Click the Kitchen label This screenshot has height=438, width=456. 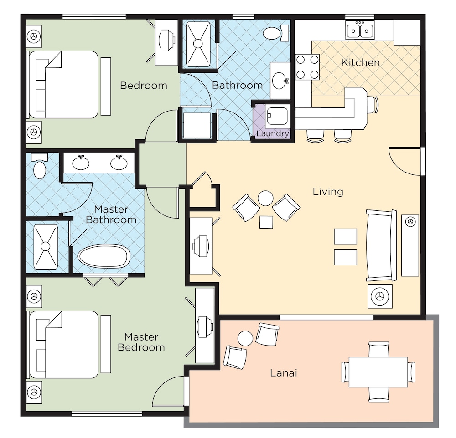click(x=360, y=62)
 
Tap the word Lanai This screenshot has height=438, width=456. click(x=284, y=372)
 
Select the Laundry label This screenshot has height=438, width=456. click(x=273, y=133)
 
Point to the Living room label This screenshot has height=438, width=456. click(x=328, y=192)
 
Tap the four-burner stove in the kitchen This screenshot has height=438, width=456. click(x=307, y=67)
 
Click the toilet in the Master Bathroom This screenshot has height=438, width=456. click(x=40, y=167)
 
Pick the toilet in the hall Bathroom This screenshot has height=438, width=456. click(x=276, y=32)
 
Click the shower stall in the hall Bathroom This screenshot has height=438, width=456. click(x=198, y=44)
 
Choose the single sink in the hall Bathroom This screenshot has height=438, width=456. click(x=280, y=81)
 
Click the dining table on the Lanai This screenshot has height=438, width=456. click(x=378, y=372)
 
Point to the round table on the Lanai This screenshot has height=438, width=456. click(x=245, y=338)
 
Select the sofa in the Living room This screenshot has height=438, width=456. click(x=381, y=245)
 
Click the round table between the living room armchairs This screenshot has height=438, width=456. click(x=265, y=198)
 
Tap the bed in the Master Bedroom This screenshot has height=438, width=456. click(x=64, y=345)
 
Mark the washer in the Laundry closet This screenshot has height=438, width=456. click(x=277, y=117)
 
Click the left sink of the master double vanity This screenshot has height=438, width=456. click(x=81, y=163)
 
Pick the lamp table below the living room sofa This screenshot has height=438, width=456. click(x=380, y=296)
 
